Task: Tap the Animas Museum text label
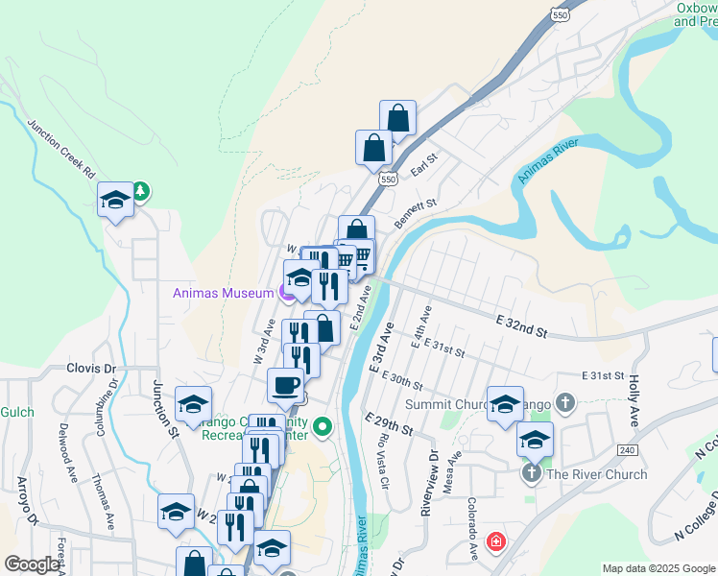point(223,294)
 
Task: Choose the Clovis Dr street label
point(91,368)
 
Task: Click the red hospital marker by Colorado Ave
point(495,541)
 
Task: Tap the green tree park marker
point(141,190)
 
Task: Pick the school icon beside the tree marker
point(115,200)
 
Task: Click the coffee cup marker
point(285,385)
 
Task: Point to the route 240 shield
point(628,449)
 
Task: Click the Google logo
point(32,564)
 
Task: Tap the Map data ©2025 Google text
point(658,568)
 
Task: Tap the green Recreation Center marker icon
point(323,425)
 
